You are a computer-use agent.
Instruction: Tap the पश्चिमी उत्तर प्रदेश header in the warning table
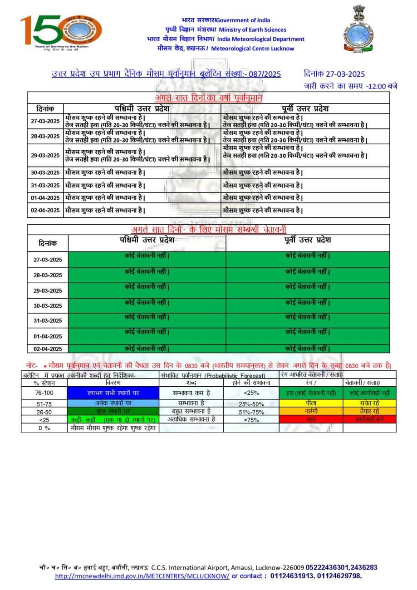pyautogui.click(x=143, y=240)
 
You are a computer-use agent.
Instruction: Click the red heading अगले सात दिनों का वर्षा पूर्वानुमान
pyautogui.click(x=209, y=98)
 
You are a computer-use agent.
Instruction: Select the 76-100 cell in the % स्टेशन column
pyautogui.click(x=44, y=393)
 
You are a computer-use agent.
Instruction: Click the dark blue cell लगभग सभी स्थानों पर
pyautogui.click(x=113, y=393)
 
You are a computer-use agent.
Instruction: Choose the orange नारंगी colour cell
pyautogui.click(x=311, y=411)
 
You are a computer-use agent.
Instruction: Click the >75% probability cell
pyautogui.click(x=251, y=419)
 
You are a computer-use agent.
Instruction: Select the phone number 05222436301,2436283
pyautogui.click(x=341, y=567)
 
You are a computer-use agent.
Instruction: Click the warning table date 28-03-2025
pyautogui.click(x=47, y=275)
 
